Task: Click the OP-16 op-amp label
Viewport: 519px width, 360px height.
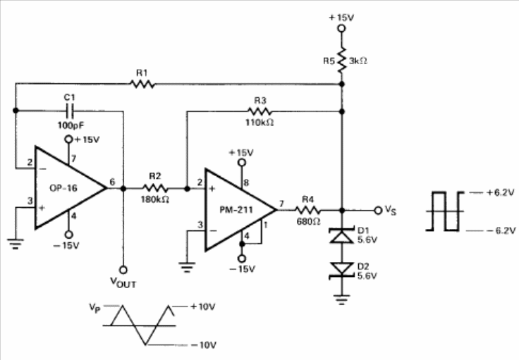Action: pyautogui.click(x=63, y=188)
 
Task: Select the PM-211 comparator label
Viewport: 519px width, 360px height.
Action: pyautogui.click(x=236, y=210)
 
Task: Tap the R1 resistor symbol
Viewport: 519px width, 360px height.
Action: pyautogui.click(x=142, y=85)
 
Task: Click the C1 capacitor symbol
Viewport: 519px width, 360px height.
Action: pyautogui.click(x=70, y=111)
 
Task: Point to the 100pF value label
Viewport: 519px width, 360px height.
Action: pyautogui.click(x=71, y=125)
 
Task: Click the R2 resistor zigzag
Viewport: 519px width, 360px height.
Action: pyautogui.click(x=155, y=188)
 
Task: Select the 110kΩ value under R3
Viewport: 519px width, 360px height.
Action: pyautogui.click(x=259, y=123)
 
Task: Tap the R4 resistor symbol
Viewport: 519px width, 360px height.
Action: pyautogui.click(x=307, y=210)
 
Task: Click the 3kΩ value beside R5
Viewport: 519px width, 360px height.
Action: pyautogui.click(x=358, y=61)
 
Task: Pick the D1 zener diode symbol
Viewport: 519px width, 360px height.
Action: pyautogui.click(x=342, y=235)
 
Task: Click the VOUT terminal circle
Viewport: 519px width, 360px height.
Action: pyautogui.click(x=123, y=270)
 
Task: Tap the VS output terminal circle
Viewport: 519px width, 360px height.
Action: pyautogui.click(x=378, y=210)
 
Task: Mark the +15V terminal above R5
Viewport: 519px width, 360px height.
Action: pyautogui.click(x=341, y=28)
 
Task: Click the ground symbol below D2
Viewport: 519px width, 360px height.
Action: pyautogui.click(x=341, y=299)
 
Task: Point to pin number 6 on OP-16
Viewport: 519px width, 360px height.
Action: pyautogui.click(x=112, y=182)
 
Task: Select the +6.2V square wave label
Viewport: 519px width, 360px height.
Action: pyautogui.click(x=500, y=192)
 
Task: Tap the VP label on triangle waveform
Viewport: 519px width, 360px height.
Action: pyautogui.click(x=94, y=308)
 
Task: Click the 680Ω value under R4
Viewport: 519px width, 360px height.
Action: pyautogui.click(x=308, y=222)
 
